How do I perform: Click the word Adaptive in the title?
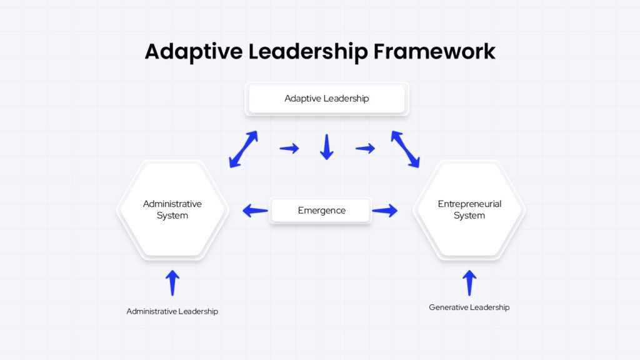point(194,52)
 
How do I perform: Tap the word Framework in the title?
point(434,51)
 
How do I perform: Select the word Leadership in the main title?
point(308,52)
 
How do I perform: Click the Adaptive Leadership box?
point(326,99)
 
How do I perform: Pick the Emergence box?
point(321,211)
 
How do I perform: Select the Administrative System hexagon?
point(172,210)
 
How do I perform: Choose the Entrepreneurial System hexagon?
point(469,210)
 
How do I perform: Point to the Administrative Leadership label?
point(172,311)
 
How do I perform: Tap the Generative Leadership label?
point(469,307)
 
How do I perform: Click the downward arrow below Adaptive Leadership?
point(326,147)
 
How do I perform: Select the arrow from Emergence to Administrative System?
point(255,211)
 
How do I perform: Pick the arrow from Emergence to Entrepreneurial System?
point(385,211)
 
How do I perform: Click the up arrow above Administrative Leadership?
point(172,283)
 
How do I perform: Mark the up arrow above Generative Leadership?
point(469,283)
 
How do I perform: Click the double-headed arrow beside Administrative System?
point(243,149)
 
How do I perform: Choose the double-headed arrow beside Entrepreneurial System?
point(405,149)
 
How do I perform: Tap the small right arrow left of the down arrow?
point(289,148)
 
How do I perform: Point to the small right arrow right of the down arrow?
point(365,148)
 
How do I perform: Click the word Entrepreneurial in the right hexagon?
point(469,204)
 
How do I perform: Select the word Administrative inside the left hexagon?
point(172,204)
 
